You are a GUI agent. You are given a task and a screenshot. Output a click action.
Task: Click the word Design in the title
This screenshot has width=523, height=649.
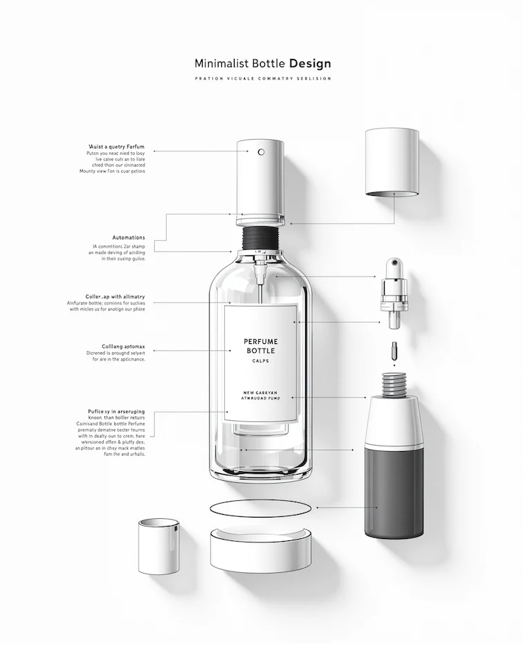point(310,64)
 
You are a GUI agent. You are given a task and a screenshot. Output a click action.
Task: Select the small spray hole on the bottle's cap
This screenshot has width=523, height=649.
point(261,152)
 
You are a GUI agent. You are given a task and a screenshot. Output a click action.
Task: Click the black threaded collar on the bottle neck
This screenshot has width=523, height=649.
point(261,239)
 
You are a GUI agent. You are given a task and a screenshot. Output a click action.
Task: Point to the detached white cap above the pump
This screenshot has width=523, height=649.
point(392,161)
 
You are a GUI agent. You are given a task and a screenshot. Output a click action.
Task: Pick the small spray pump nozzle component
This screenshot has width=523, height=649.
point(392,293)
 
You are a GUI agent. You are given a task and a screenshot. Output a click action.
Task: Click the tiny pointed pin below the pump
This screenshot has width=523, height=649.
point(393,349)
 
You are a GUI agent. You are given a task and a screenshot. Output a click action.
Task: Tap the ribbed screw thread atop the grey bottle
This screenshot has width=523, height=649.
point(394,385)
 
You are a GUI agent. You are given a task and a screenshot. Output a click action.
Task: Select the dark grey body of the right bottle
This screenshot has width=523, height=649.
point(392,491)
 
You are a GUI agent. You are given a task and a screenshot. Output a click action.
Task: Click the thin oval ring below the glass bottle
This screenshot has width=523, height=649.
point(259,508)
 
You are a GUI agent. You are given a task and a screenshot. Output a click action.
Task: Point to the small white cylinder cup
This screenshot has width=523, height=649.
point(158,547)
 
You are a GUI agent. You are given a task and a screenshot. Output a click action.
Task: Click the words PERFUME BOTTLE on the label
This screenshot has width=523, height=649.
point(261,347)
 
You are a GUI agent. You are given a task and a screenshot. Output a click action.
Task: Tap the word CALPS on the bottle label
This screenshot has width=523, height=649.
point(261,362)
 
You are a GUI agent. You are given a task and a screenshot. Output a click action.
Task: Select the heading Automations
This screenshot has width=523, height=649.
point(129,237)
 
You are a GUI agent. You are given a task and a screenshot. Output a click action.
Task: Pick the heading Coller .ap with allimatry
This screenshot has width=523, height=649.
point(115,296)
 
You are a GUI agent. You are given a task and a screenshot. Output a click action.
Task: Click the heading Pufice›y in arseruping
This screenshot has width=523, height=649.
point(116,411)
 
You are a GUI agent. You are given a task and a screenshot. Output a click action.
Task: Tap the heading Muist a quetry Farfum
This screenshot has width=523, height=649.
point(116,147)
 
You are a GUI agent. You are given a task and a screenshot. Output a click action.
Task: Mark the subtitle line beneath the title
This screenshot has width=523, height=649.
point(263,79)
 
